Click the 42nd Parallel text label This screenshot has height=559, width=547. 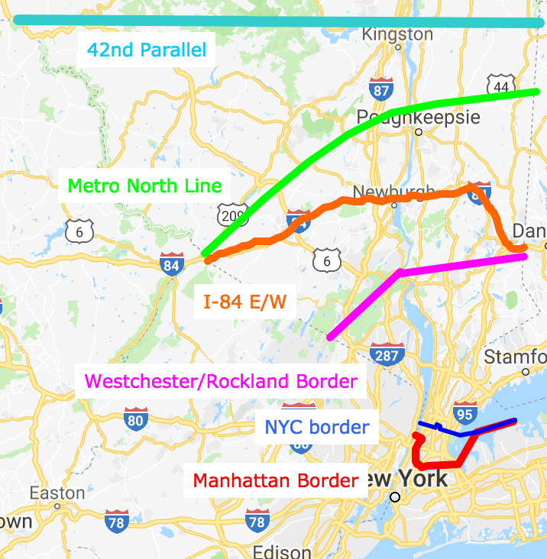[147, 51]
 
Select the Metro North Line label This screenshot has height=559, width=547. [145, 186]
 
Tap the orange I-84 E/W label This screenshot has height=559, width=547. [244, 302]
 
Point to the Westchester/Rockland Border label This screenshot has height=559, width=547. [221, 380]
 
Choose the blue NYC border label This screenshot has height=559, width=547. [317, 427]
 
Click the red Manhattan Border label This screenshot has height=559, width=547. [276, 481]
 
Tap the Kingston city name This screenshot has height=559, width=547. [396, 34]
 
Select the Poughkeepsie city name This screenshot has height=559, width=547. [419, 118]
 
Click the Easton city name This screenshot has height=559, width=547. [57, 493]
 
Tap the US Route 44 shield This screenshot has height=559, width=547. [500, 87]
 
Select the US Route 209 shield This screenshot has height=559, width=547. [230, 216]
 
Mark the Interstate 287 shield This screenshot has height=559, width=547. [387, 354]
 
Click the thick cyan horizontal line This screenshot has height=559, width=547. [275, 21]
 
